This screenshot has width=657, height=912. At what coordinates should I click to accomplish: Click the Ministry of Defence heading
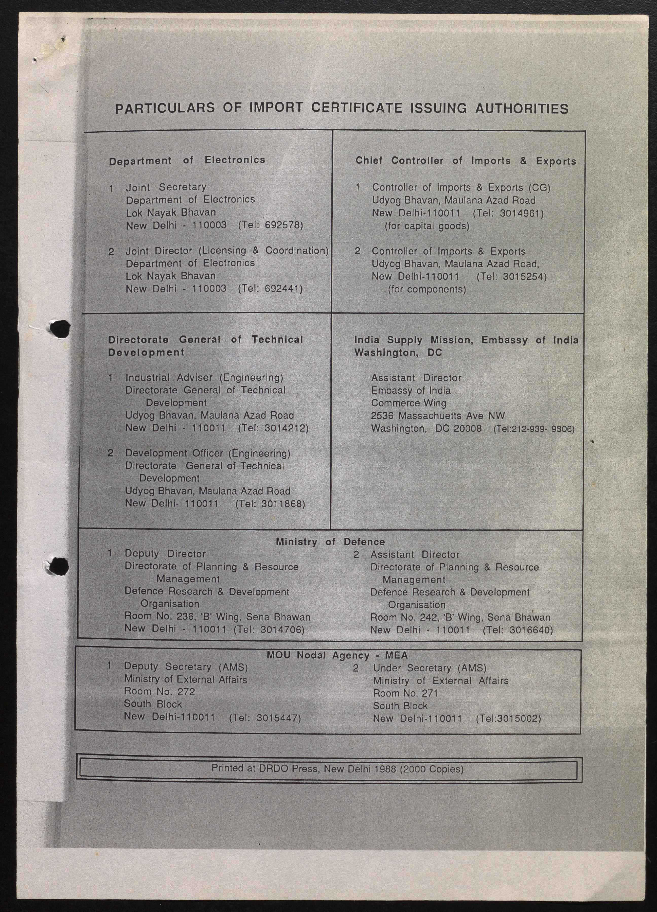coord(330,542)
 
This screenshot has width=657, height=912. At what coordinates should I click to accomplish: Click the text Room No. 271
coord(405,693)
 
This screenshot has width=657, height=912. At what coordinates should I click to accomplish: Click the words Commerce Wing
coord(409,403)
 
